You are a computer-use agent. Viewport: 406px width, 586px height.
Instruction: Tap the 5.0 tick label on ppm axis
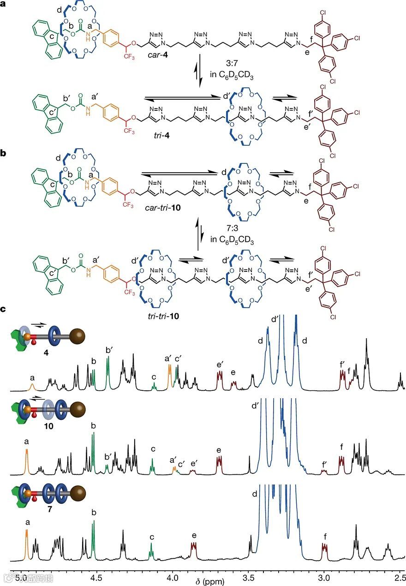pyautogui.click(x=20, y=577)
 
